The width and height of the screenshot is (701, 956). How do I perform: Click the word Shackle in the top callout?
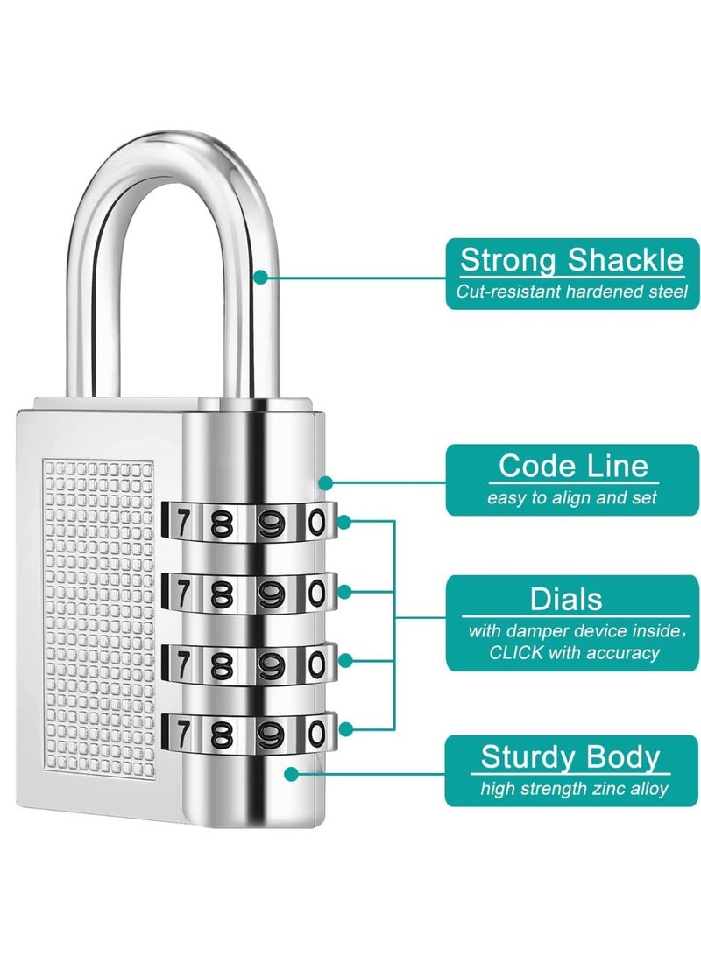tap(626, 260)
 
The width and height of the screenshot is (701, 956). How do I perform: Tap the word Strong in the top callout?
tap(507, 260)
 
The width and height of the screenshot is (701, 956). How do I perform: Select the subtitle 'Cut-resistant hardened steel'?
tap(571, 292)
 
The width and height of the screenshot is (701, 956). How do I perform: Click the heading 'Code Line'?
tap(573, 466)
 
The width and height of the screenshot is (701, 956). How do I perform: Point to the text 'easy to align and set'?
tap(571, 497)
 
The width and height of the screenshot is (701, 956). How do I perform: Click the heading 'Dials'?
tap(566, 599)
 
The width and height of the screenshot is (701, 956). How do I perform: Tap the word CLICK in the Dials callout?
tap(515, 653)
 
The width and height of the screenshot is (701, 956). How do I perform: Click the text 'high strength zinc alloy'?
tap(574, 788)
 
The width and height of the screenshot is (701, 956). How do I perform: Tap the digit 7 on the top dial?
tap(181, 523)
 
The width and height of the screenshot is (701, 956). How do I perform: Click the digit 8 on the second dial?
tap(222, 594)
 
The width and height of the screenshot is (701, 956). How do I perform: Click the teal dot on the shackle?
tap(260, 278)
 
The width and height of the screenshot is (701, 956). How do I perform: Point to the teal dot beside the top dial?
tap(344, 522)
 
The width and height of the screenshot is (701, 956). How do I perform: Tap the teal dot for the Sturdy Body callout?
tap(292, 774)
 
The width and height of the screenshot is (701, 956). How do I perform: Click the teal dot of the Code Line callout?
tap(326, 483)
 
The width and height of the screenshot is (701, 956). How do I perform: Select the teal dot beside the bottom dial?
tap(344, 729)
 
